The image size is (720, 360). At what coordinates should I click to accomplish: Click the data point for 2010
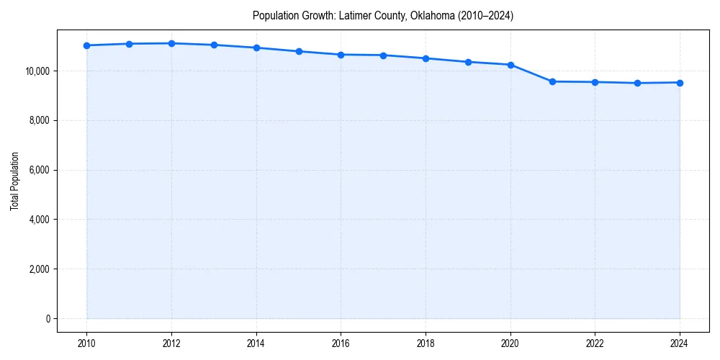(86, 45)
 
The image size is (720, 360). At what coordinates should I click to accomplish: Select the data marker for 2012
(171, 43)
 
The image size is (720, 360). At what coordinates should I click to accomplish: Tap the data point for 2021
(552, 81)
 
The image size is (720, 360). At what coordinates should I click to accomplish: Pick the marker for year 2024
(680, 82)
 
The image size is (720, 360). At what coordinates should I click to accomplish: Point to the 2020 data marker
(510, 65)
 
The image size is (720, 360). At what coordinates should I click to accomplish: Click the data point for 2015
(299, 51)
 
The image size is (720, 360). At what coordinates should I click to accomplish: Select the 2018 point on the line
(426, 58)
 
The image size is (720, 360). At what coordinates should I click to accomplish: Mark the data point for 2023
(637, 83)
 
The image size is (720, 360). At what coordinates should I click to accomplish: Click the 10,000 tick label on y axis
(37, 71)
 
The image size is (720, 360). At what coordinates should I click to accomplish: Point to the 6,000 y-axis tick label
(39, 171)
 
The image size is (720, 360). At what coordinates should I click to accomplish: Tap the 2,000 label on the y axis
(39, 269)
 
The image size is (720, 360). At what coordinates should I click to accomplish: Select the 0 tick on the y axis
(48, 319)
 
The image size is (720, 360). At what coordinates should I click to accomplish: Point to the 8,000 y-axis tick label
(39, 121)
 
